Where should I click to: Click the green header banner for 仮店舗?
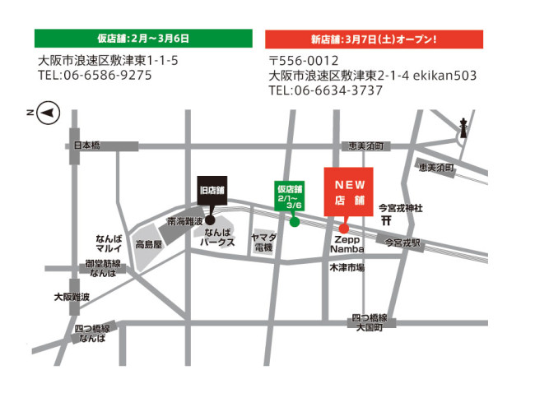pos(143,39)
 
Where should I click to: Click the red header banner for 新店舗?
pos(374,39)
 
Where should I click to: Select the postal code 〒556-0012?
pos(304,61)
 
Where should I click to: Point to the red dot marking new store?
pos(344,228)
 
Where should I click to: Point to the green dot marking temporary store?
pos(294,220)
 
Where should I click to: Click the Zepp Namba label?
pos(347,243)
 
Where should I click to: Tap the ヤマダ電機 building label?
pos(265,242)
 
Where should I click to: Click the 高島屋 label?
pos(151,244)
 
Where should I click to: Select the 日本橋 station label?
pos(86,145)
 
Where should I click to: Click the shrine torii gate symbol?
pos(386,220)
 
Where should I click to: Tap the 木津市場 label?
pos(347,267)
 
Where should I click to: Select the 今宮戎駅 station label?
pos(400,243)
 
